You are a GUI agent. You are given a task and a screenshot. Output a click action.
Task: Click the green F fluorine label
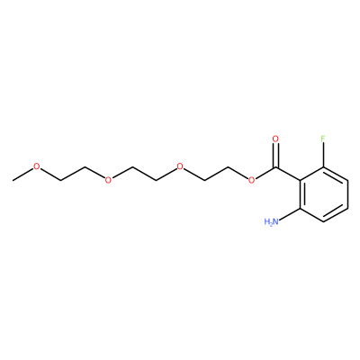323,139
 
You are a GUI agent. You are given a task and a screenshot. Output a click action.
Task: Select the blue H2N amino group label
272,222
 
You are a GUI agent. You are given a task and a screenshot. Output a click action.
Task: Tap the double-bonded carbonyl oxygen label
275,139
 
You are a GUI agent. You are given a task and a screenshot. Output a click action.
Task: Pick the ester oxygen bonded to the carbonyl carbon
251,180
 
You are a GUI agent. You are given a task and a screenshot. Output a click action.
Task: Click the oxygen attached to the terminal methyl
36,166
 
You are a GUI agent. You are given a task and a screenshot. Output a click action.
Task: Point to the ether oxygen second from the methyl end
108,180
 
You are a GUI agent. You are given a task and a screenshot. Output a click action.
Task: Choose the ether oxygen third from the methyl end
180,166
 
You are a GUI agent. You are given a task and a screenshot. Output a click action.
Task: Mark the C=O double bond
275,156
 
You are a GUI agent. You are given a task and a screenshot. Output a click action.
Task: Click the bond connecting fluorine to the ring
323,155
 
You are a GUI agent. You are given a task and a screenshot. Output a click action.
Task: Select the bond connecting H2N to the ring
290,214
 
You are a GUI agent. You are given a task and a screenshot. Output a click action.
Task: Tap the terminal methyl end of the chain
13,180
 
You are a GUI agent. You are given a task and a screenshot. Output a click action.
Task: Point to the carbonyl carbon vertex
275,166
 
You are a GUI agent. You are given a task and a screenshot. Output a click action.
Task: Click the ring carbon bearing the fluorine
323,166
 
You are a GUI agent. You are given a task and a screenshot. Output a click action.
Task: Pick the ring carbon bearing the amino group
300,208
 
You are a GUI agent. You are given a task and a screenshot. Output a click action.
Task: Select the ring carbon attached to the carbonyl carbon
300,180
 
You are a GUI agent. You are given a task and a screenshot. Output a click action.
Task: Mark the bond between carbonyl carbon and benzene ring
287,174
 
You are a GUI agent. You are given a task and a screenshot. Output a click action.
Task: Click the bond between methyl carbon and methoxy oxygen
22,175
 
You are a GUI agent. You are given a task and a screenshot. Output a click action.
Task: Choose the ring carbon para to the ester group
347,208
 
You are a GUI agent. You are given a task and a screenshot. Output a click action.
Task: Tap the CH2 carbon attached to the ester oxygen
228,166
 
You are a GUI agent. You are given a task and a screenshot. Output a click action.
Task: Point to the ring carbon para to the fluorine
323,221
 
